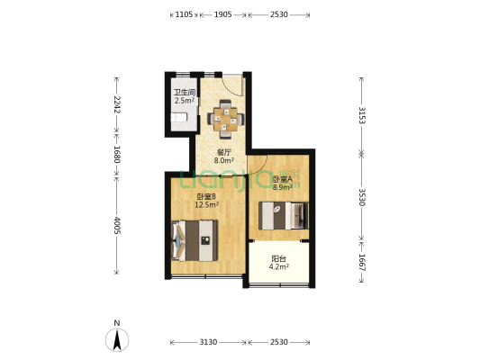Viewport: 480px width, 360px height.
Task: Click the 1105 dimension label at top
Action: click(184, 14)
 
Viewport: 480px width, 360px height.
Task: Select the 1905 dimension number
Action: click(222, 14)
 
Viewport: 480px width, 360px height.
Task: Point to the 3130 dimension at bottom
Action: click(208, 342)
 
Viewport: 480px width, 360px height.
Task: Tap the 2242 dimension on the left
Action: click(117, 104)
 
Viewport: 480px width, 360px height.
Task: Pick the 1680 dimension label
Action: click(117, 154)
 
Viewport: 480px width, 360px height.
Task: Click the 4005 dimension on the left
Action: click(117, 225)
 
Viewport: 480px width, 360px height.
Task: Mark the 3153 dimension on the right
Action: click(362, 115)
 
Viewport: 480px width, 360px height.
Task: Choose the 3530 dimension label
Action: click(362, 197)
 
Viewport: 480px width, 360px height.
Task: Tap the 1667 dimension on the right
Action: click(362, 263)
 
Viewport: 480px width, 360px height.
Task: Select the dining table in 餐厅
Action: click(226, 119)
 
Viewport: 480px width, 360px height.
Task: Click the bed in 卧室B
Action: click(195, 240)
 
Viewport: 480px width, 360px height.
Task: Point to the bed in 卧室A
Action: click(284, 215)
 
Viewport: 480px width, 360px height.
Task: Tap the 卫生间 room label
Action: click(185, 92)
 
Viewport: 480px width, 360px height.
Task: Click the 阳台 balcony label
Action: click(279, 259)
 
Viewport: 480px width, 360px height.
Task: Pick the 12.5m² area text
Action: click(206, 204)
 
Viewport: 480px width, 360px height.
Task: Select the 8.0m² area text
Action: click(223, 160)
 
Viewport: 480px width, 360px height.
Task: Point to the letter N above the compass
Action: click(117, 323)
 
